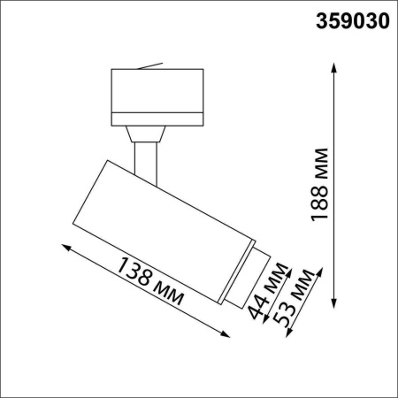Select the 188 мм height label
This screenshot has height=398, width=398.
[x=321, y=183]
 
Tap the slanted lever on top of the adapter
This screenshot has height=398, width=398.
[x=151, y=65]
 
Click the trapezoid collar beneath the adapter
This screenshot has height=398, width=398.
[x=146, y=134]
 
